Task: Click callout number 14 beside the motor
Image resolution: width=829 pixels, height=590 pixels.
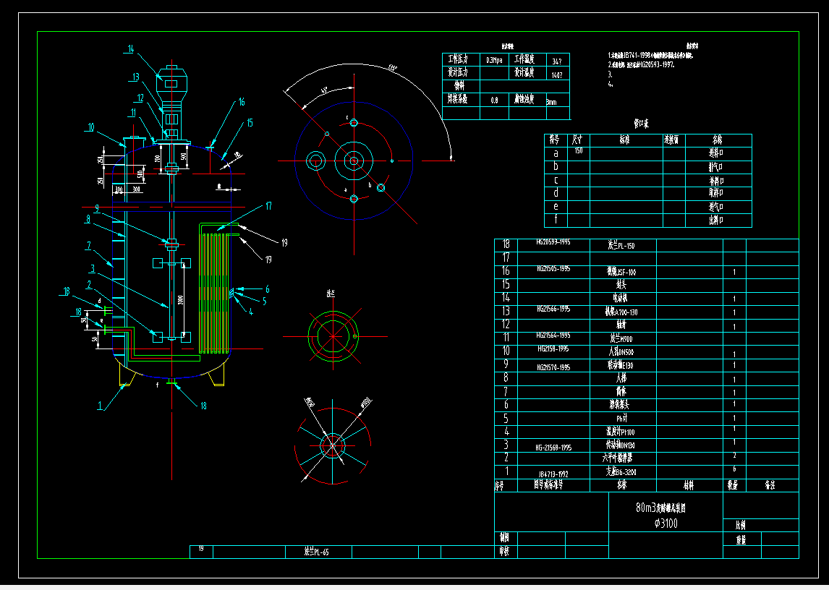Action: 131,49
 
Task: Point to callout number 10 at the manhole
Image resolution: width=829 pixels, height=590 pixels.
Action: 90,127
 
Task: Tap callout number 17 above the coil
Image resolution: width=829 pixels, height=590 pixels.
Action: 268,206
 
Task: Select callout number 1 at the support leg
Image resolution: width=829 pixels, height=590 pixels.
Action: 101,406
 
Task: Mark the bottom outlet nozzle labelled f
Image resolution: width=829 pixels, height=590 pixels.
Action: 171,384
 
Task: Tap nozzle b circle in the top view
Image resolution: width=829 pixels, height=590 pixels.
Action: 381,187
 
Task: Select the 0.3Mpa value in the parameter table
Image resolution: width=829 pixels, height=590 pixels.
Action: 495,60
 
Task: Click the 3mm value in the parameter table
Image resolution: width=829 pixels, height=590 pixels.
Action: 552,102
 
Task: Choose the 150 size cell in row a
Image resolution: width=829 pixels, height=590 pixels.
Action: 578,151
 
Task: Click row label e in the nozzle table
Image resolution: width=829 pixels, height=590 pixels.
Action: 556,207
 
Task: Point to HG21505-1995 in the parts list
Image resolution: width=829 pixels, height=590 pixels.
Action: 553,269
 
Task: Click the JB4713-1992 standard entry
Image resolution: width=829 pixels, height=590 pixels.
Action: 553,474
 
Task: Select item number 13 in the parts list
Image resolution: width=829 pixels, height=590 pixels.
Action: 506,311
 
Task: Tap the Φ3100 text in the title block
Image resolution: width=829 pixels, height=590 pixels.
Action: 666,523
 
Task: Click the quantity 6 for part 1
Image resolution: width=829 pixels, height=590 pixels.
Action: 734,469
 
